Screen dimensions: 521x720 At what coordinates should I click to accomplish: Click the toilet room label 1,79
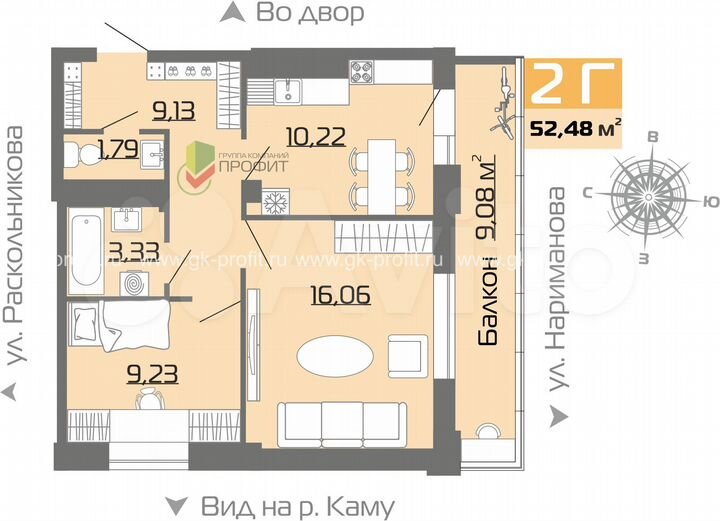pyautogui.click(x=116, y=152)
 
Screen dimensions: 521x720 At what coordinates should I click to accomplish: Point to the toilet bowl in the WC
pyautogui.click(x=78, y=153)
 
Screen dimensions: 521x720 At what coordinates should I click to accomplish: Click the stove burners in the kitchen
pyautogui.click(x=361, y=71)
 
